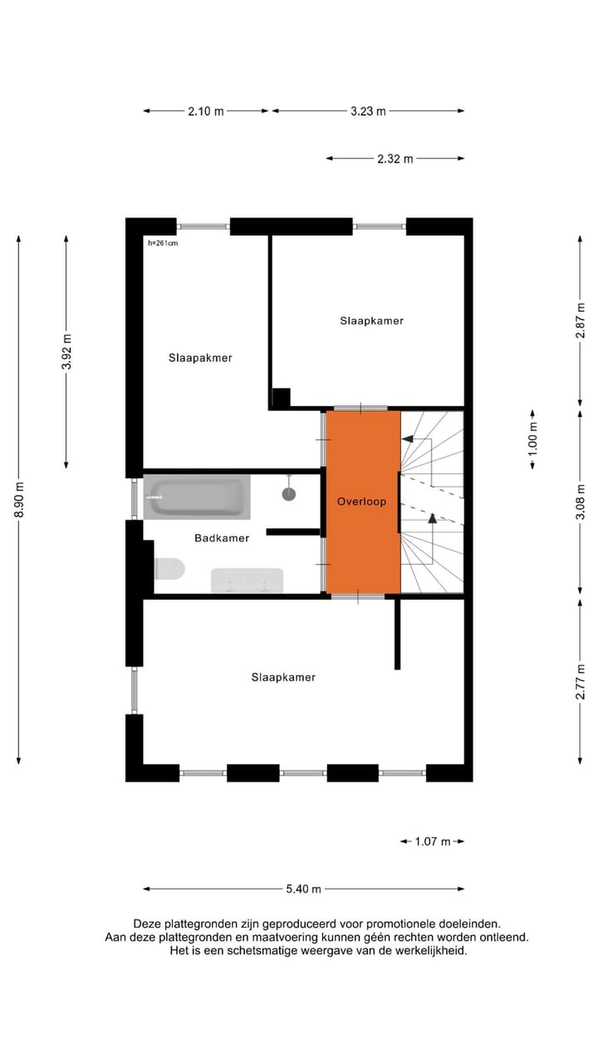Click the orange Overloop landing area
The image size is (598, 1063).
pyautogui.click(x=362, y=531)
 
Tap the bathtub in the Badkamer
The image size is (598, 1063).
pyautogui.click(x=197, y=497)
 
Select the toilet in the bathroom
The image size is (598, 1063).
pyautogui.click(x=169, y=569)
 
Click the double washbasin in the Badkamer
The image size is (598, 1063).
pyautogui.click(x=247, y=580)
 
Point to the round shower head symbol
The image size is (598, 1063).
pyautogui.click(x=288, y=494)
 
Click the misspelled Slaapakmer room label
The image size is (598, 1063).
pyautogui.click(x=200, y=358)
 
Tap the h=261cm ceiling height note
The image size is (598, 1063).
pyautogui.click(x=163, y=243)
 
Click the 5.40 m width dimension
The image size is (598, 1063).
pyautogui.click(x=303, y=889)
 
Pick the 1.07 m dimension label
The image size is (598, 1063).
pyautogui.click(x=432, y=841)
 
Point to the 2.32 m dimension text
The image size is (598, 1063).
pyautogui.click(x=395, y=159)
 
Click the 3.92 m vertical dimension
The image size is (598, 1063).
pyautogui.click(x=67, y=356)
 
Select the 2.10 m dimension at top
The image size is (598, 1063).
pyautogui.click(x=206, y=110)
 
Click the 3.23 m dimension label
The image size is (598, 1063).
pyautogui.click(x=368, y=110)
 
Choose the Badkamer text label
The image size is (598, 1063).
pyautogui.click(x=222, y=538)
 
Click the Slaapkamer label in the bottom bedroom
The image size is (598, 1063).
pyautogui.click(x=283, y=677)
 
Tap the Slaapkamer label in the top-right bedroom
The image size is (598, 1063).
pyautogui.click(x=371, y=320)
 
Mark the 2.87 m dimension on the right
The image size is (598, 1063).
pyautogui.click(x=581, y=318)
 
